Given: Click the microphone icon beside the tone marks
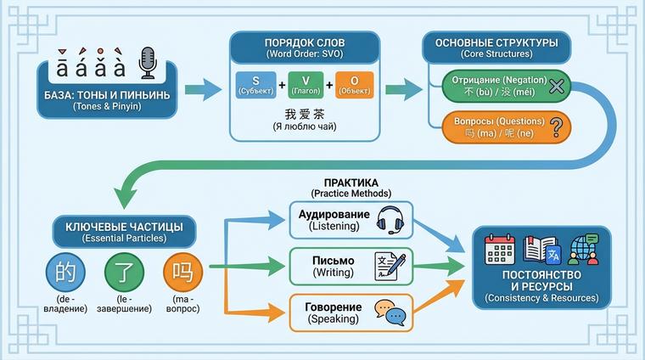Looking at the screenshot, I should tap(148, 62).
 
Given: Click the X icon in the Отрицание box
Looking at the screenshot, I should tap(556, 86).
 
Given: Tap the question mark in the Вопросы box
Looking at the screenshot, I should tap(557, 127).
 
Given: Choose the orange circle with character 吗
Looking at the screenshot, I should tap(183, 273).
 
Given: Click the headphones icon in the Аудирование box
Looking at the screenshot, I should tap(390, 220).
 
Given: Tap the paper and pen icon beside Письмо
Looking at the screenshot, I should tap(390, 267).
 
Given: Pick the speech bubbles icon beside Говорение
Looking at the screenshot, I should tap(390, 312).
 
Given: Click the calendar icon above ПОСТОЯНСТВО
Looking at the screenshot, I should tap(501, 250).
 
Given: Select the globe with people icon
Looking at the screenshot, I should tap(584, 250).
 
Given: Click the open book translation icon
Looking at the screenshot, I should tap(541, 250).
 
